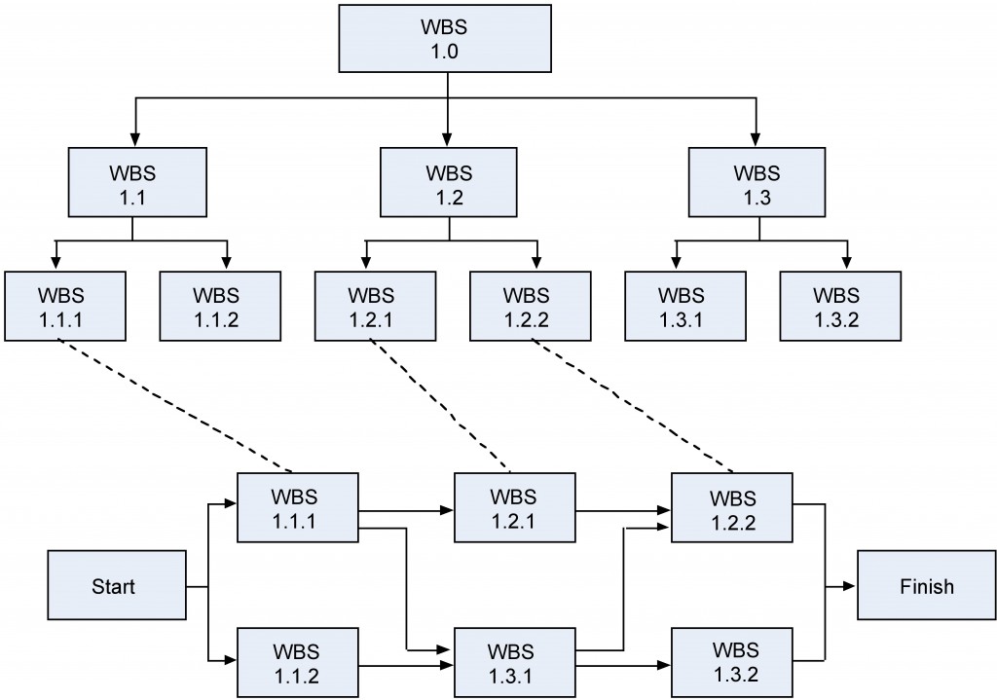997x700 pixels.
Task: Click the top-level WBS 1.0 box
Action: pyautogui.click(x=448, y=38)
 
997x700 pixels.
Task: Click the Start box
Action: pyautogui.click(x=114, y=586)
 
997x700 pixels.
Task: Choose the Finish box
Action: pyautogui.click(x=926, y=586)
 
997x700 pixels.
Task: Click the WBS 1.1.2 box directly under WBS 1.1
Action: pyautogui.click(x=220, y=305)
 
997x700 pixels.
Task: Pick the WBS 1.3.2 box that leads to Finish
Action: pyautogui.click(x=736, y=659)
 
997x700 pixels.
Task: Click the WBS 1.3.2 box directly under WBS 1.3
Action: pyautogui.click(x=839, y=305)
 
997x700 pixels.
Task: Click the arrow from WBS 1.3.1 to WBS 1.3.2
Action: pyautogui.click(x=623, y=666)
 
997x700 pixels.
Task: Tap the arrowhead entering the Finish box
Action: pyautogui.click(x=850, y=586)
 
